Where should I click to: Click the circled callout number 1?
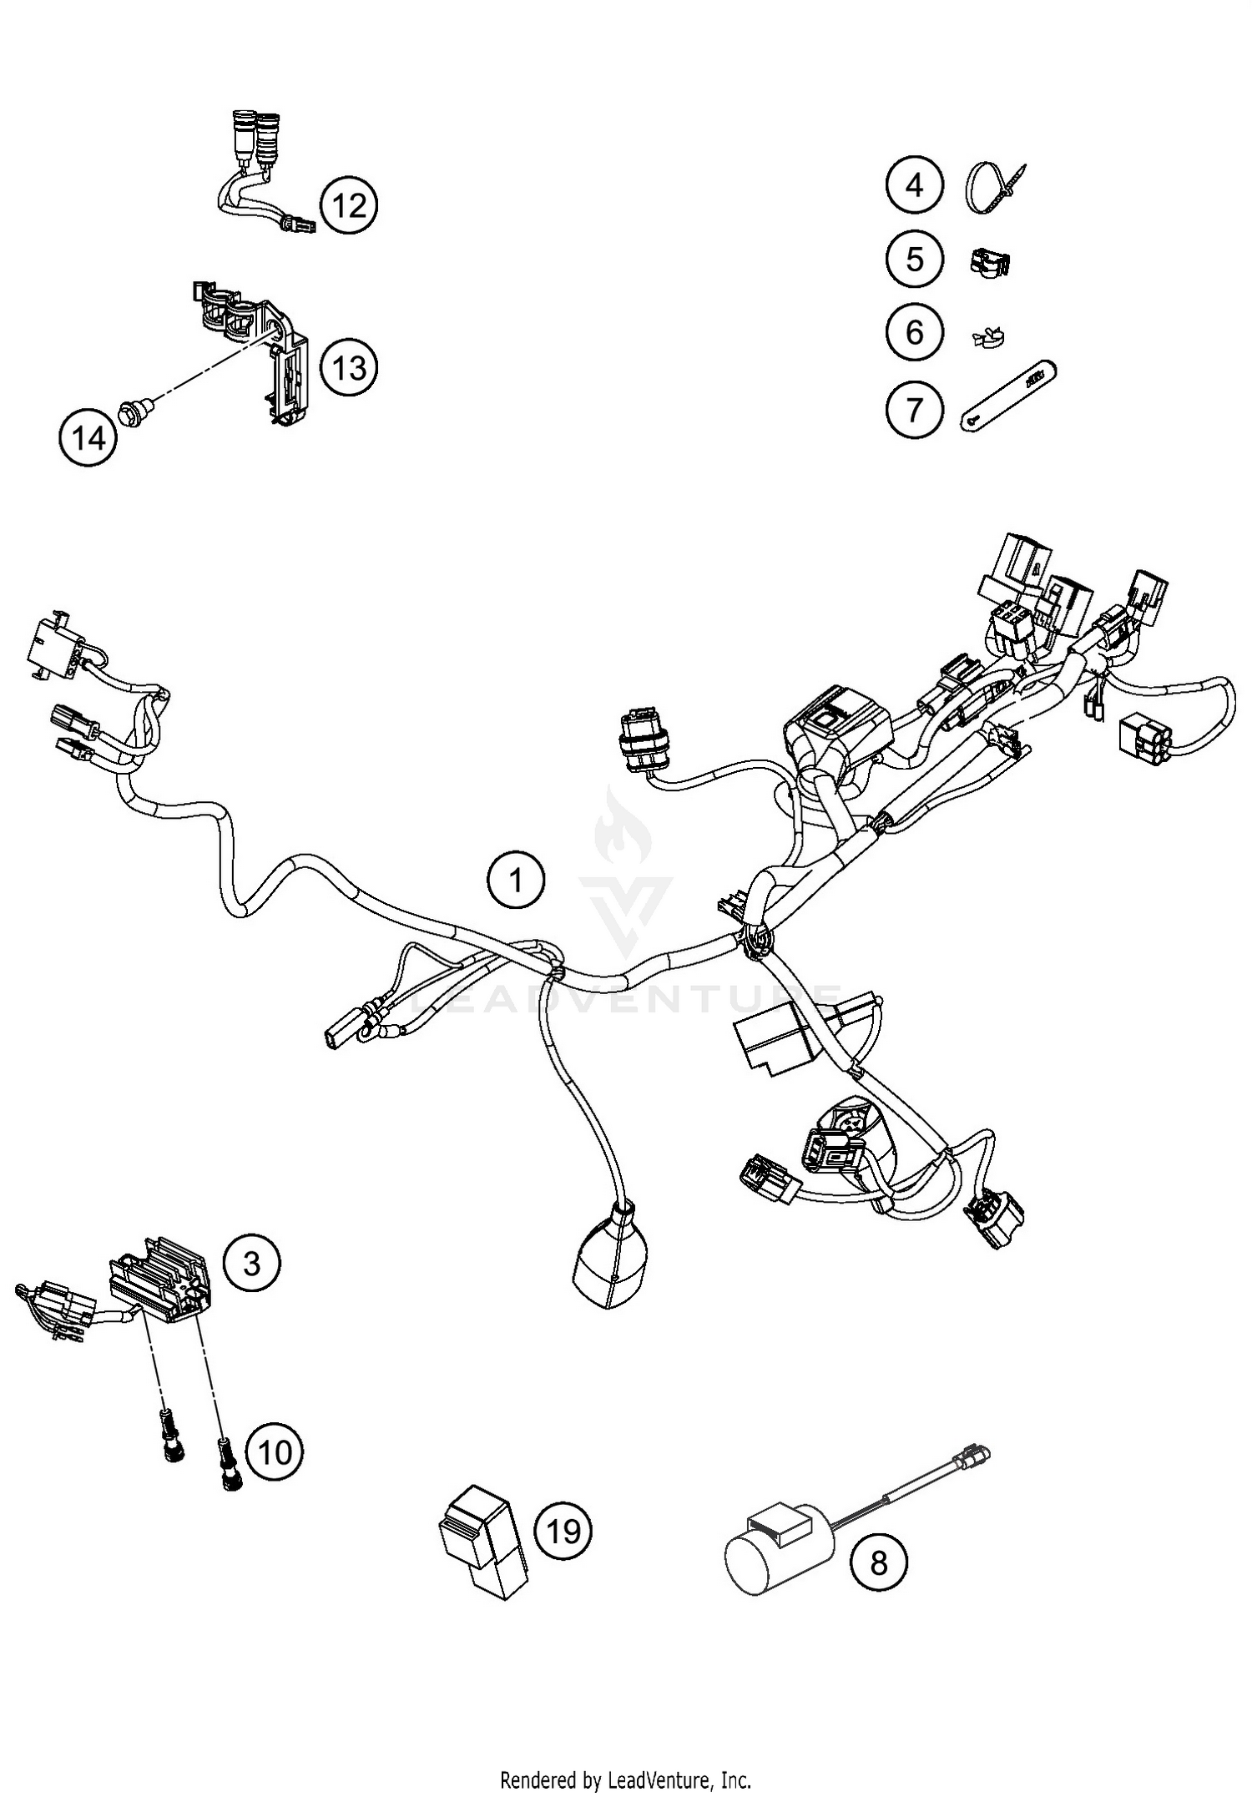[x=516, y=880]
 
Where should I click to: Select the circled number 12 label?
[x=349, y=204]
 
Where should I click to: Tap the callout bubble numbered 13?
[x=349, y=366]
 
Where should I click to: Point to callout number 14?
[x=88, y=437]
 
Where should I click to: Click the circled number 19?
[x=563, y=1531]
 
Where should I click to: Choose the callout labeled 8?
[x=880, y=1562]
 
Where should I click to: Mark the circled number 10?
[x=275, y=1452]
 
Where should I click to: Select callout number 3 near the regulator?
[x=252, y=1264]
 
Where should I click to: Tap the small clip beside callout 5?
[x=990, y=262]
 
